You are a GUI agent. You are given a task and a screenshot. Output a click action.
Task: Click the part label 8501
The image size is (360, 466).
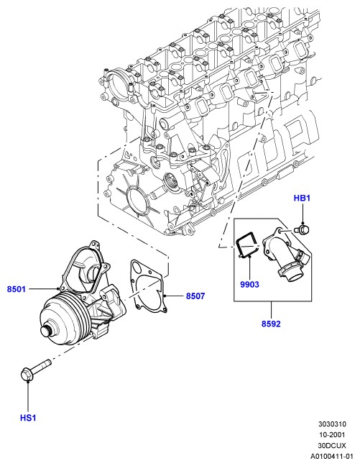[x=17, y=289]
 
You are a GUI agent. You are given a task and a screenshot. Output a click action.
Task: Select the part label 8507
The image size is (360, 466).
[x=195, y=296]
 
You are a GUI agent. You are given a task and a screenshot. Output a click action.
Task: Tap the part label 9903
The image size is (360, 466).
[x=249, y=284]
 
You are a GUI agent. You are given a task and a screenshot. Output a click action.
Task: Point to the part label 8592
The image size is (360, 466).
[x=271, y=324]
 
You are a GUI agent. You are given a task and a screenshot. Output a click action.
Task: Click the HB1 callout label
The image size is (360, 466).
[x=302, y=198]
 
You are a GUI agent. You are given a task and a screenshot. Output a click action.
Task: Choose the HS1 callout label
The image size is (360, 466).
[x=28, y=418]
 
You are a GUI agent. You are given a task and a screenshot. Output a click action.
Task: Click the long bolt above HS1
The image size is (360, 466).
[x=36, y=370]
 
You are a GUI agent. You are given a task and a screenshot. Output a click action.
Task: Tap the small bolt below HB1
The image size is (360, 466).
[x=301, y=229]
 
